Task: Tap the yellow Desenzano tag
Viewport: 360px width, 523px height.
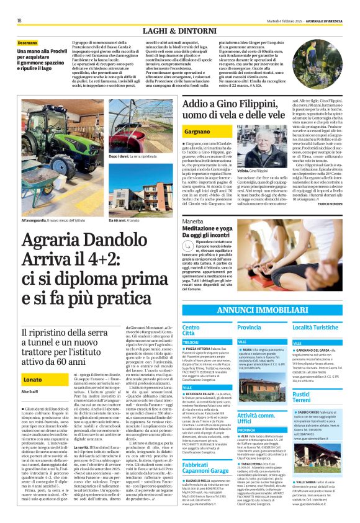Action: [28, 43]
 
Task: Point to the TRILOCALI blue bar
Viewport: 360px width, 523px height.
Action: [205, 342]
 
